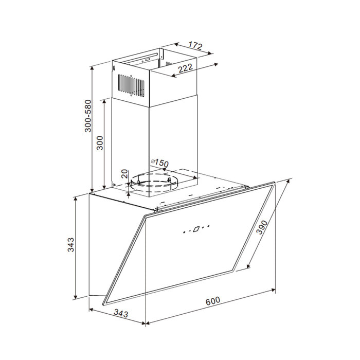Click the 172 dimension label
click(195, 46)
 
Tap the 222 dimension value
click(185, 68)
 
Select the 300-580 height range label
click(88, 116)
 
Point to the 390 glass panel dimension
click(262, 227)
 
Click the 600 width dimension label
click(212, 301)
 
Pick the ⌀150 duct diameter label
click(160, 163)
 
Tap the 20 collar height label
click(124, 174)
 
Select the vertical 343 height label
click(71, 245)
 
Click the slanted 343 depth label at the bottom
click(121, 313)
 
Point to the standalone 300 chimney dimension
click(100, 143)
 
